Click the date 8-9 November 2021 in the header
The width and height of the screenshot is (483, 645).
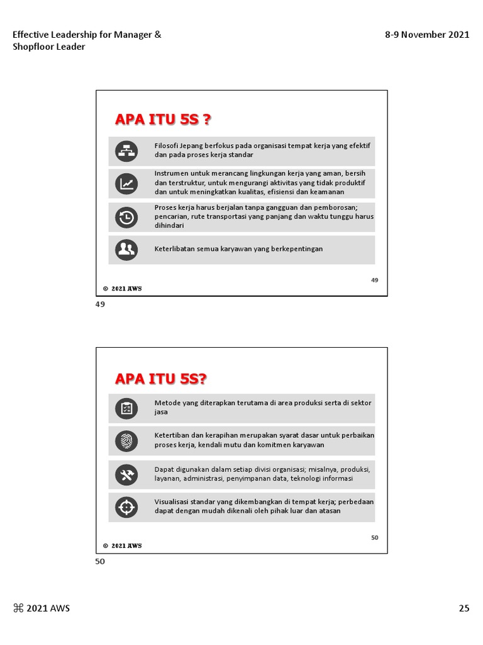point(427,35)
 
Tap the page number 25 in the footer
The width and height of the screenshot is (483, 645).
point(464,608)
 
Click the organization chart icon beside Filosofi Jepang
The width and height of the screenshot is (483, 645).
point(126,151)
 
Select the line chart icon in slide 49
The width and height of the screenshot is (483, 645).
point(126,184)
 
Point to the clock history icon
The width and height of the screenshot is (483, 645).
point(126,217)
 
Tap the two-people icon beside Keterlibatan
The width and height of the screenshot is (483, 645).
point(126,250)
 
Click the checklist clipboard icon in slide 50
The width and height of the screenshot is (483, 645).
point(126,409)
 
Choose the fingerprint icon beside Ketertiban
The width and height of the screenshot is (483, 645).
point(126,441)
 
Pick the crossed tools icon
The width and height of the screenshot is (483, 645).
point(126,475)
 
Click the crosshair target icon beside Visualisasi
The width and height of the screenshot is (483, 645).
point(126,506)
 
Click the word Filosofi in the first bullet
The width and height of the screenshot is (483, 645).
point(166,146)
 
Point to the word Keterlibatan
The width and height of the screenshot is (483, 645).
point(175,249)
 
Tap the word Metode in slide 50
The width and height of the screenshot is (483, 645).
point(167,402)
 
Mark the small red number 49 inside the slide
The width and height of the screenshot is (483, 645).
point(375,280)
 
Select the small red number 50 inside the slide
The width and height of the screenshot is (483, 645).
point(375,537)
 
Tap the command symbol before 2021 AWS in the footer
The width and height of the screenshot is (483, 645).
point(18,608)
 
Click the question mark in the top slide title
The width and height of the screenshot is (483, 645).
point(206,120)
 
